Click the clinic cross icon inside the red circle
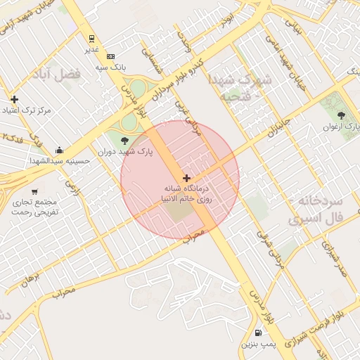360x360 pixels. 186,178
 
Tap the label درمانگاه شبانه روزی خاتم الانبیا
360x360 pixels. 188,194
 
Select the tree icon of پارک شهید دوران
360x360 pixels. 125,141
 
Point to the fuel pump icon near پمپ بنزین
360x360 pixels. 259,333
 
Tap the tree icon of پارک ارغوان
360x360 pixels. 341,115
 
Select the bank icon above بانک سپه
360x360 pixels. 110,56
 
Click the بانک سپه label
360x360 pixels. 110,67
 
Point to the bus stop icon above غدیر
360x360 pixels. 91,39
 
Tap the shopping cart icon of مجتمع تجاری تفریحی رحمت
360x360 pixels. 34,191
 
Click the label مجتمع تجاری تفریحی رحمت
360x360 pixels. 37,207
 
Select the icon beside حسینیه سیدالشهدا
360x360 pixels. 60,149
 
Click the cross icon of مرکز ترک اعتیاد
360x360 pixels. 14,99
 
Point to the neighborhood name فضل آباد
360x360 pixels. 56,73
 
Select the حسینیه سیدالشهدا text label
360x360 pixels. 58,160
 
